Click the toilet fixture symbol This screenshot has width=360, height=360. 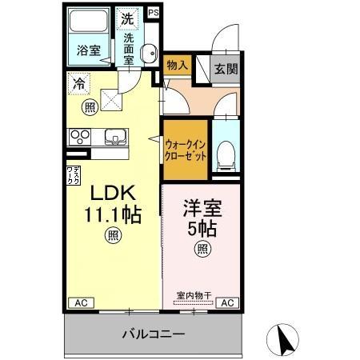[225, 152]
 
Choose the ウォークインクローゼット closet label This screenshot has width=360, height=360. [186, 150]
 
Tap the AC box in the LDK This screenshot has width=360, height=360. [81, 302]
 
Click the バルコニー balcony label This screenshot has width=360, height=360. [154, 333]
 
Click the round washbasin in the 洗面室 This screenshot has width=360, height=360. [148, 54]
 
